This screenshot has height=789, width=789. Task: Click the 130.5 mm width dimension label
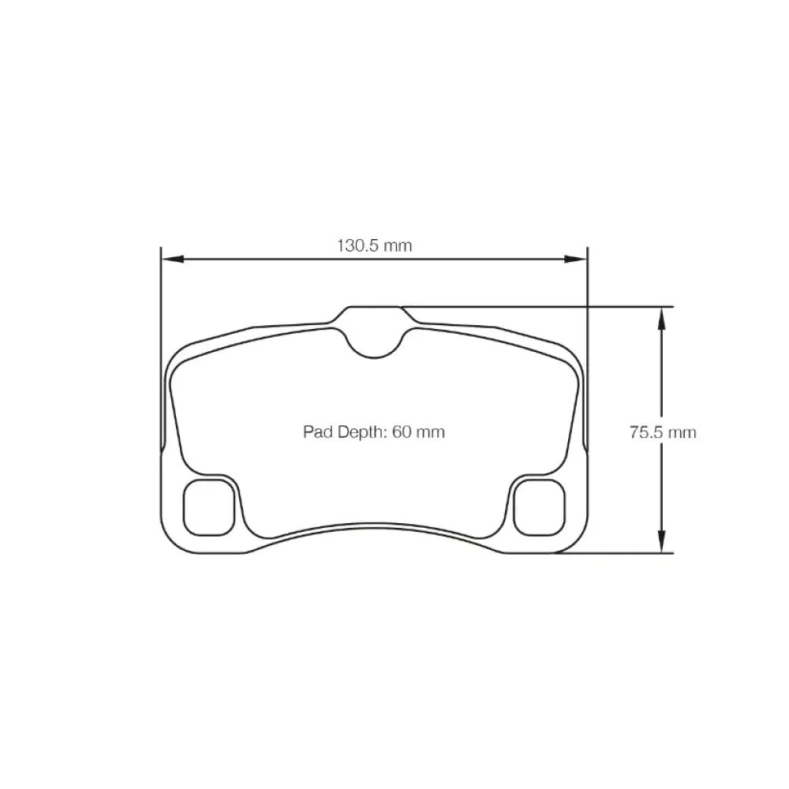375,245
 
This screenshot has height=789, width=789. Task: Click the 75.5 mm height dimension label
663,432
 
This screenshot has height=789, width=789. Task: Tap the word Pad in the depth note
315,432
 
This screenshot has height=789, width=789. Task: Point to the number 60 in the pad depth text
400,432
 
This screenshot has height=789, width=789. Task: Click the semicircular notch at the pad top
374,341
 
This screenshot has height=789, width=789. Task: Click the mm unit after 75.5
682,432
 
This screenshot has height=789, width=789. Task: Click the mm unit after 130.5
398,245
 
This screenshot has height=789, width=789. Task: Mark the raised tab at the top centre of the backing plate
375,313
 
